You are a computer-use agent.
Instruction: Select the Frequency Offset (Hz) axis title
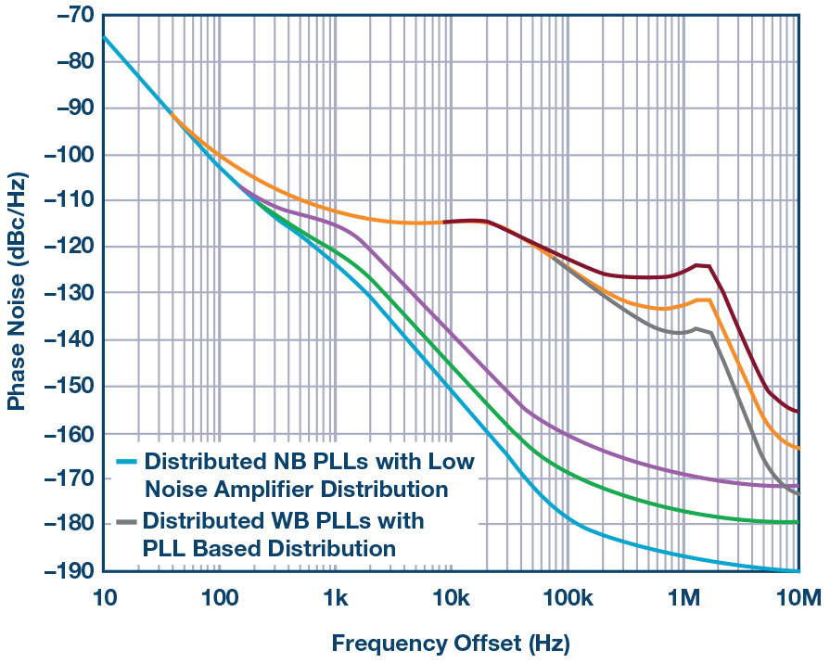[x=451, y=643]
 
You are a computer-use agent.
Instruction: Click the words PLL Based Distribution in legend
[x=269, y=548]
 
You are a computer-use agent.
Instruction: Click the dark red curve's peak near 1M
[x=697, y=265]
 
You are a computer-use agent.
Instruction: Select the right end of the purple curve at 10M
[x=798, y=486]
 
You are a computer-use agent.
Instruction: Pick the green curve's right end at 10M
[x=798, y=522]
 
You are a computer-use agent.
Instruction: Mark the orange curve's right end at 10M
[x=798, y=449]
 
